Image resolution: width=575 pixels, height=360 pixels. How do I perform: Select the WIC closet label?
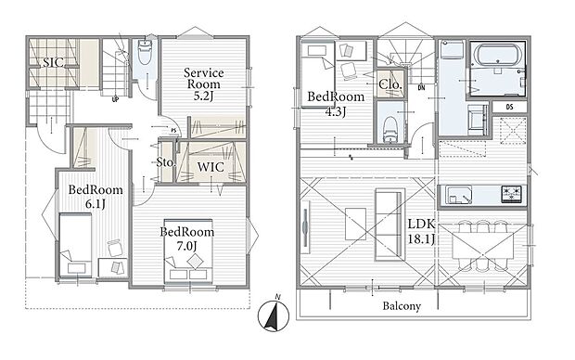(x=211, y=168)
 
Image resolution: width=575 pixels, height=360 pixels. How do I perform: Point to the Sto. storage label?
(x=166, y=161)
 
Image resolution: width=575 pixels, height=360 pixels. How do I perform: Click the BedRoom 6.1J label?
(x=88, y=196)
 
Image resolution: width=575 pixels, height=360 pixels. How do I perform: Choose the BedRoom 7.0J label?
(x=187, y=238)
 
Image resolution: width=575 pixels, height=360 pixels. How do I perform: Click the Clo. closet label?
(x=390, y=85)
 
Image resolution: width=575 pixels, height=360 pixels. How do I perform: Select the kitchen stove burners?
(x=512, y=195)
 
